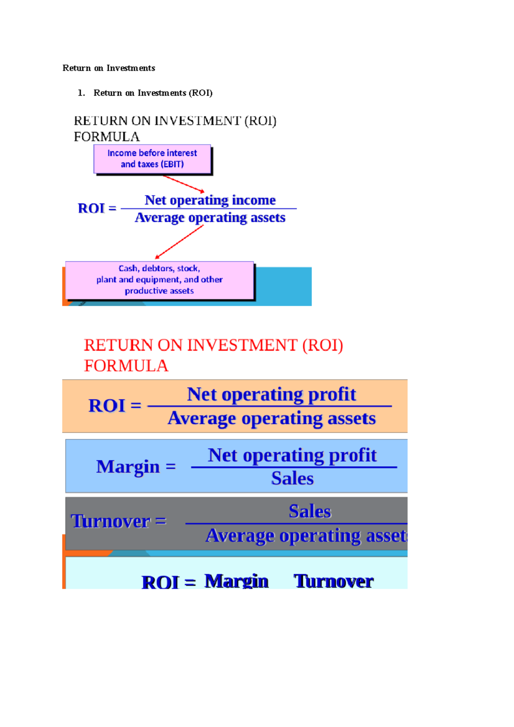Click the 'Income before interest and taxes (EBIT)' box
point(152,159)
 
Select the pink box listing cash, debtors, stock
point(159,280)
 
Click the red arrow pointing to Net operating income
point(183,184)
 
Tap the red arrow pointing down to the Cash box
point(179,242)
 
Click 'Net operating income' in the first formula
point(210,200)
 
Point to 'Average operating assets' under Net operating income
point(210,218)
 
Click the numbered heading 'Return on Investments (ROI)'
point(153,93)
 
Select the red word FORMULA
point(126,366)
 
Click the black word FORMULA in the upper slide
point(107,137)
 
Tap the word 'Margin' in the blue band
point(128,466)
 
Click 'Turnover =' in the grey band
point(118,521)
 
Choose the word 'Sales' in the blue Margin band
point(292,478)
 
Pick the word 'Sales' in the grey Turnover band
point(310,511)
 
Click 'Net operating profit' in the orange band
point(271,394)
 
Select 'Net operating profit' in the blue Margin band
point(292,455)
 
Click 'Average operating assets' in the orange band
point(272,418)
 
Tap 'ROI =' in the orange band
point(114,405)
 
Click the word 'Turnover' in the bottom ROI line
point(333,581)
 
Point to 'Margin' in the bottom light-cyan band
point(236,581)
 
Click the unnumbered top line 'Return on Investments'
point(109,68)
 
